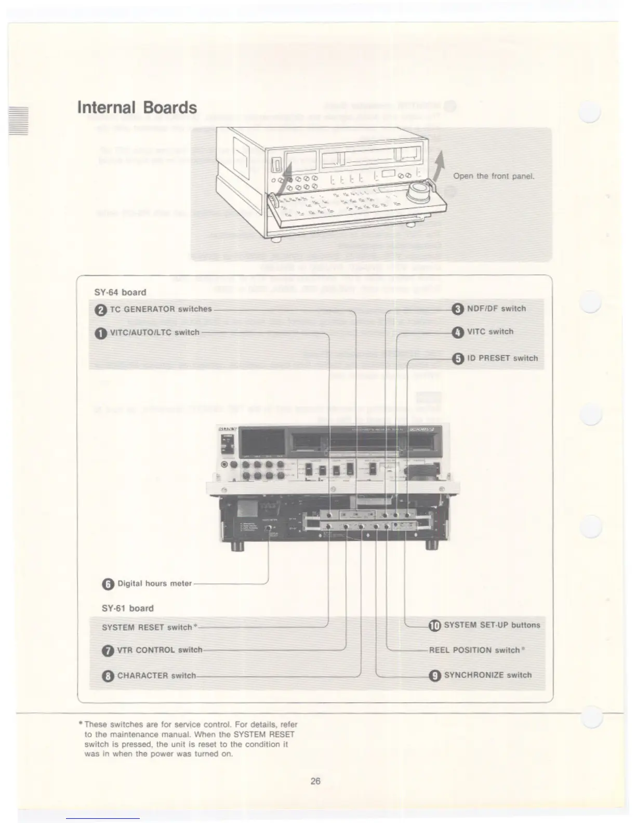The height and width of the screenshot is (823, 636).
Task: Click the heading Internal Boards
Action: tap(137, 108)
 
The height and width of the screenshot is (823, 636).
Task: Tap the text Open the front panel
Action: tap(494, 176)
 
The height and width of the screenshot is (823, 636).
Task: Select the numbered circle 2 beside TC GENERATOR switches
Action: tap(101, 310)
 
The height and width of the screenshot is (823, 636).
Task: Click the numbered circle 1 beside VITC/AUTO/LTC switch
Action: tap(101, 334)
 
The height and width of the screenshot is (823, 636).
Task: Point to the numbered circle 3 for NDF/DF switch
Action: tap(458, 310)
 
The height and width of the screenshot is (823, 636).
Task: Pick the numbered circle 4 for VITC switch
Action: tap(458, 333)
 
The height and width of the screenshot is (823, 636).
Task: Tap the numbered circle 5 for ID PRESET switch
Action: tap(458, 359)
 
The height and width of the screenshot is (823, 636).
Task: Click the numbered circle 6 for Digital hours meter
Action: tap(108, 584)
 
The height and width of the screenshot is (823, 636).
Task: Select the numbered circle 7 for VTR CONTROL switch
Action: tap(108, 651)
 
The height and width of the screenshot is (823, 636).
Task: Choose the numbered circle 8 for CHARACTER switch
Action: tap(108, 676)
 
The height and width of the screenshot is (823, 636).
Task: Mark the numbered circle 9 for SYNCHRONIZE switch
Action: tap(434, 675)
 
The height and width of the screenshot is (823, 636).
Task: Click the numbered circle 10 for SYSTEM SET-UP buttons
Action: tap(434, 626)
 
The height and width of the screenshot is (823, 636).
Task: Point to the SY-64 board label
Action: tap(120, 293)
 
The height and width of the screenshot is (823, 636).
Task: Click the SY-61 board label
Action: tap(128, 608)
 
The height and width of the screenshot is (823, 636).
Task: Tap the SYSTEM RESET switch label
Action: tap(147, 628)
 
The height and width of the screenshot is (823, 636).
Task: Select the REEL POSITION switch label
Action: tap(475, 651)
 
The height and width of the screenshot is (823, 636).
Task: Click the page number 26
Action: tap(315, 781)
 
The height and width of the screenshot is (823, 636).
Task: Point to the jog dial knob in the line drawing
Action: tap(418, 191)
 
